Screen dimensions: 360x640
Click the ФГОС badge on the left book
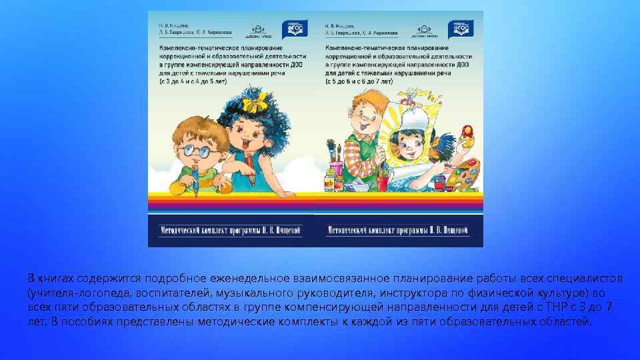(295, 27)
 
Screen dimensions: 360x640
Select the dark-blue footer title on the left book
(231, 230)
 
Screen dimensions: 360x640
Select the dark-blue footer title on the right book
(398, 230)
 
